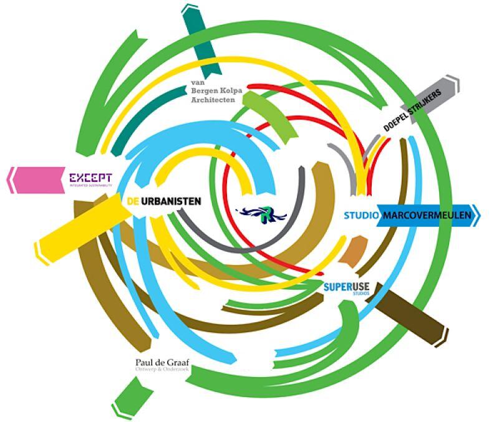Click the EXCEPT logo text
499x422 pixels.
pos(90,178)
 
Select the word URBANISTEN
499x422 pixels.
pos(170,201)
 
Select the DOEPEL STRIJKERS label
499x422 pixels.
pos(412,111)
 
